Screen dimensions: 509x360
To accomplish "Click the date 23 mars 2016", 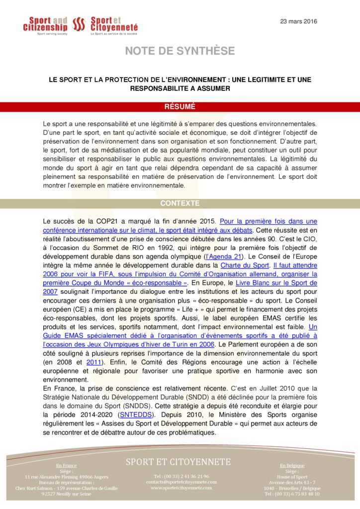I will (298, 21).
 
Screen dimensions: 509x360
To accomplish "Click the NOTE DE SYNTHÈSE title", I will (180, 51).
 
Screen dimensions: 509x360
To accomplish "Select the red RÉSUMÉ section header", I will (180, 106).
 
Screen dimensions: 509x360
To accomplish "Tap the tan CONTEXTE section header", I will (180, 203).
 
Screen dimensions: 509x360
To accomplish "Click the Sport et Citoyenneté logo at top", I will (114, 24).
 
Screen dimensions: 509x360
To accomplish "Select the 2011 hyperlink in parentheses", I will (93, 362).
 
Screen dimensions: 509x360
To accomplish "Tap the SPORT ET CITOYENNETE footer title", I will (178, 462).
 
